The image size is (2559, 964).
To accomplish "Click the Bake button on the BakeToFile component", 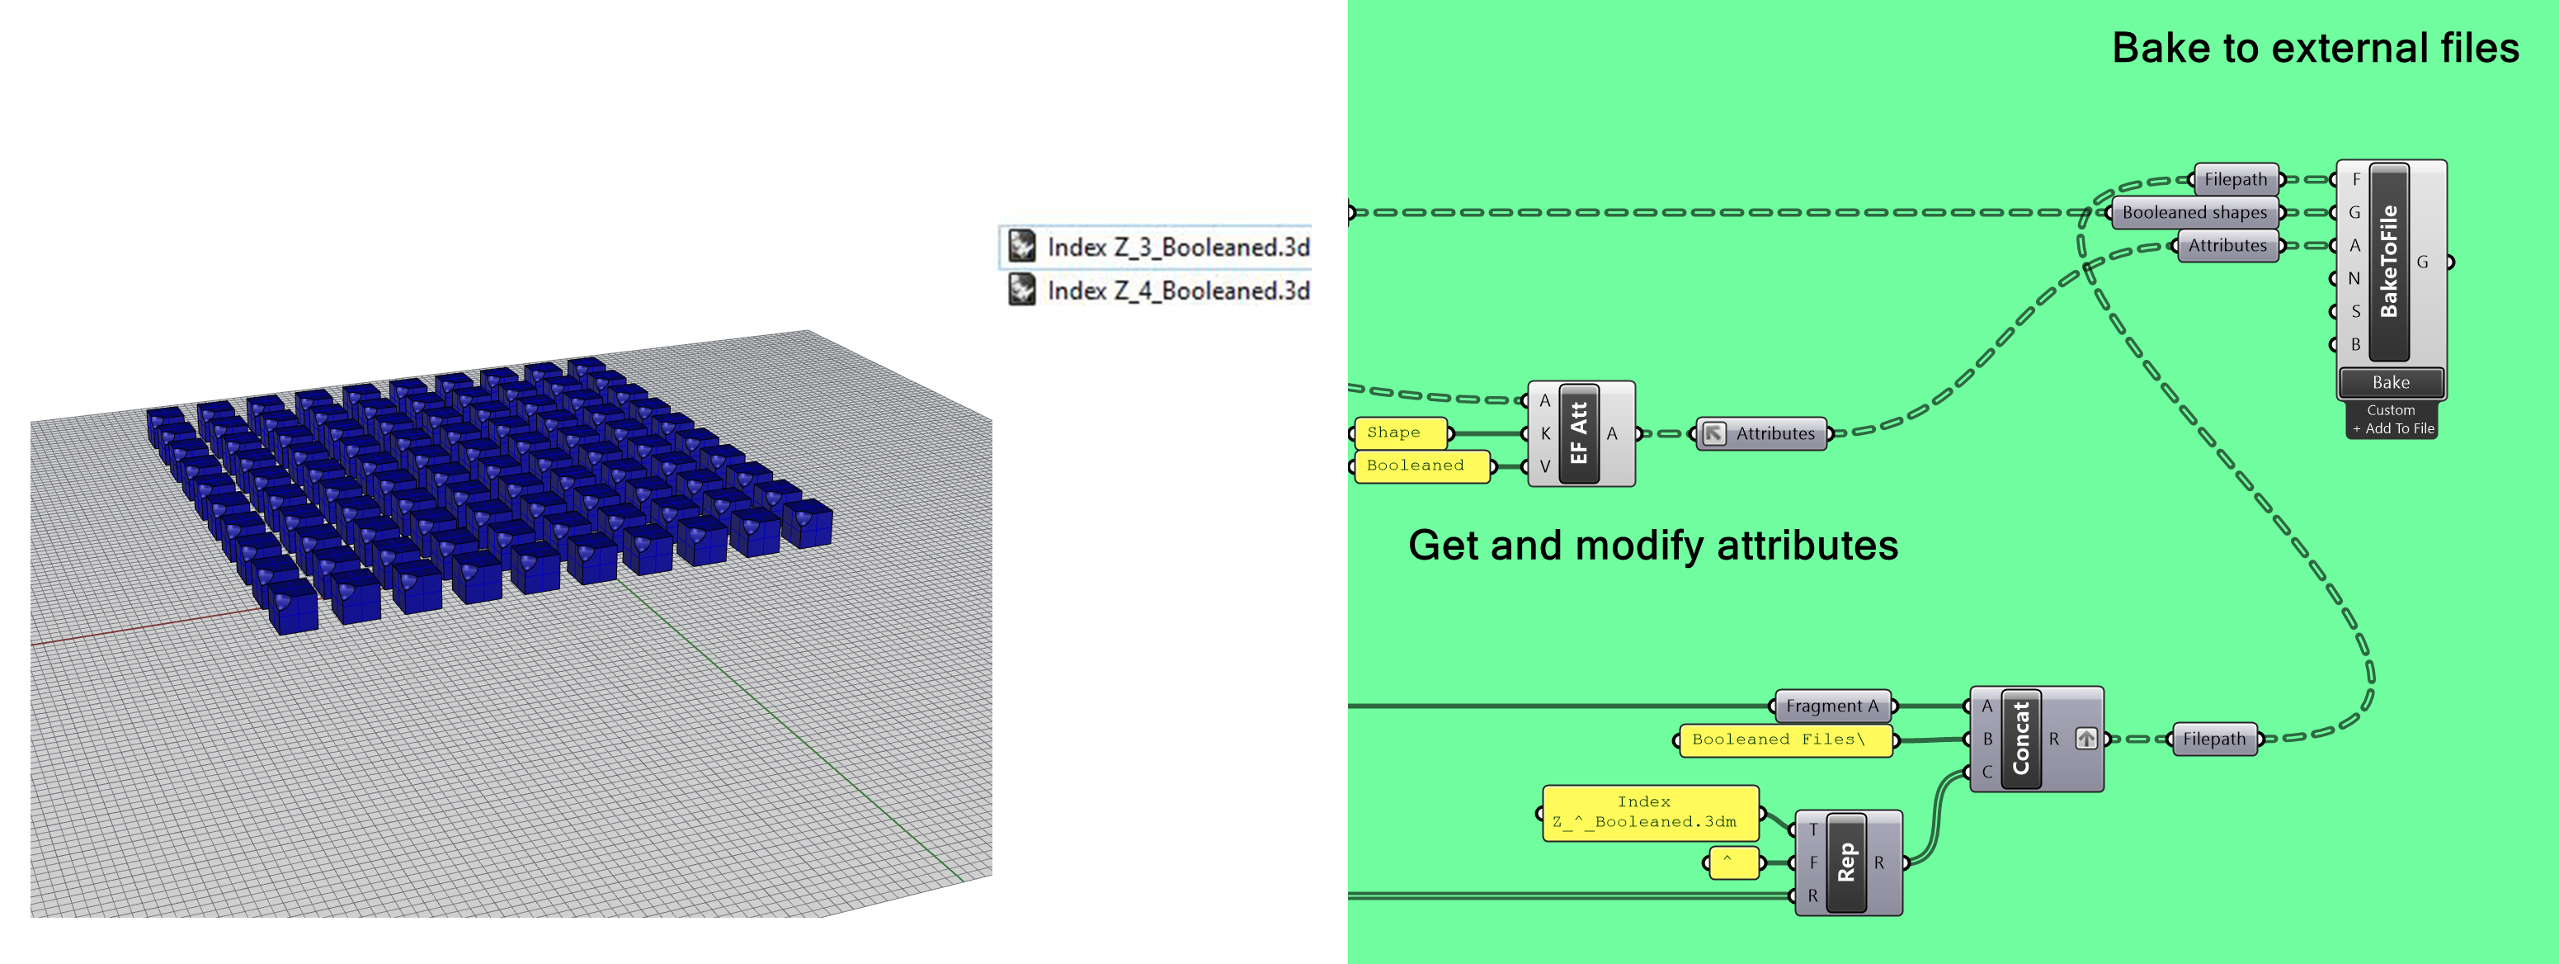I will (x=2390, y=383).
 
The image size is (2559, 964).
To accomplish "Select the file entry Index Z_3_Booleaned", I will (x=1158, y=247).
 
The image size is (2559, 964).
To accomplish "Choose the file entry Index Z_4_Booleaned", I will (x=1158, y=291).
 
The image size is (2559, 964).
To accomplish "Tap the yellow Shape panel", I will (x=1399, y=432).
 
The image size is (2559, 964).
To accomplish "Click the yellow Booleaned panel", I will (x=1421, y=465).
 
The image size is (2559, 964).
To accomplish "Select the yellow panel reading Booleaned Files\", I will (x=1784, y=740).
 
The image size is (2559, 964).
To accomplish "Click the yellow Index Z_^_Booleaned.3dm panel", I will (x=1649, y=812).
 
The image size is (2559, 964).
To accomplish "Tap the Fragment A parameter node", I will (x=1832, y=706).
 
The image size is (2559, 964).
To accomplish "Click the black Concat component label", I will (x=2020, y=739).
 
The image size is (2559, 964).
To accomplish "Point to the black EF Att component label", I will (x=1578, y=433).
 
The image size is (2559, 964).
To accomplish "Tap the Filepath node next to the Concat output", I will (x=2213, y=739).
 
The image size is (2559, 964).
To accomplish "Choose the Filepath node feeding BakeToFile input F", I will (x=2235, y=180).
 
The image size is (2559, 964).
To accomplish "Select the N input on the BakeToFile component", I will (x=2354, y=278).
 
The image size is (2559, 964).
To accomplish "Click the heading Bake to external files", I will (x=2315, y=48).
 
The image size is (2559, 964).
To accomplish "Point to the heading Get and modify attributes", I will (x=1653, y=546).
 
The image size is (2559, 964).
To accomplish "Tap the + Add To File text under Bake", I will (x=2392, y=428).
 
